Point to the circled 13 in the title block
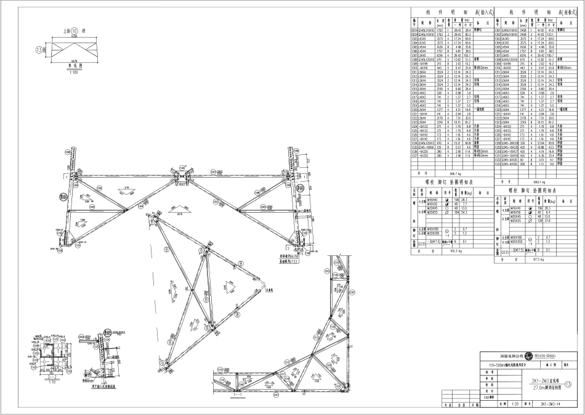[576, 384]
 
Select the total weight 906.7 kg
[456, 174]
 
